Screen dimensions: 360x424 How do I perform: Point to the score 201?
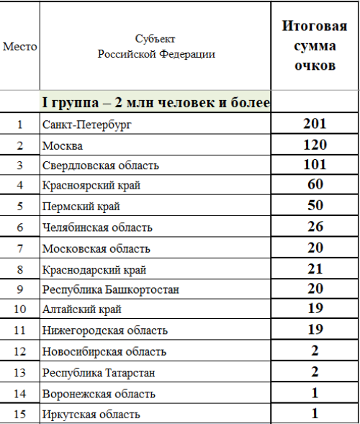click(315, 124)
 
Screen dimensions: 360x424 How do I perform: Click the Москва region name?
click(63, 145)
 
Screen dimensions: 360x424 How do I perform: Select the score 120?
click(315, 144)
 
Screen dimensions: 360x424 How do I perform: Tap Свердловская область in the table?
click(100, 166)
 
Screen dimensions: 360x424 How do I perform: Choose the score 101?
click(315, 165)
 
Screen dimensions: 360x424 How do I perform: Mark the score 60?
click(315, 185)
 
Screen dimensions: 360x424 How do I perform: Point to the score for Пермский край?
click(315, 206)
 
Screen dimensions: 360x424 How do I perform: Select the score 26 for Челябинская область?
click(315, 227)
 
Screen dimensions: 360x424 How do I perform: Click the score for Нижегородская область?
click(315, 330)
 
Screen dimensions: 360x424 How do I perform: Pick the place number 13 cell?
click(20, 373)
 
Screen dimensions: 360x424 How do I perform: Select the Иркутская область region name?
click(91, 415)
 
